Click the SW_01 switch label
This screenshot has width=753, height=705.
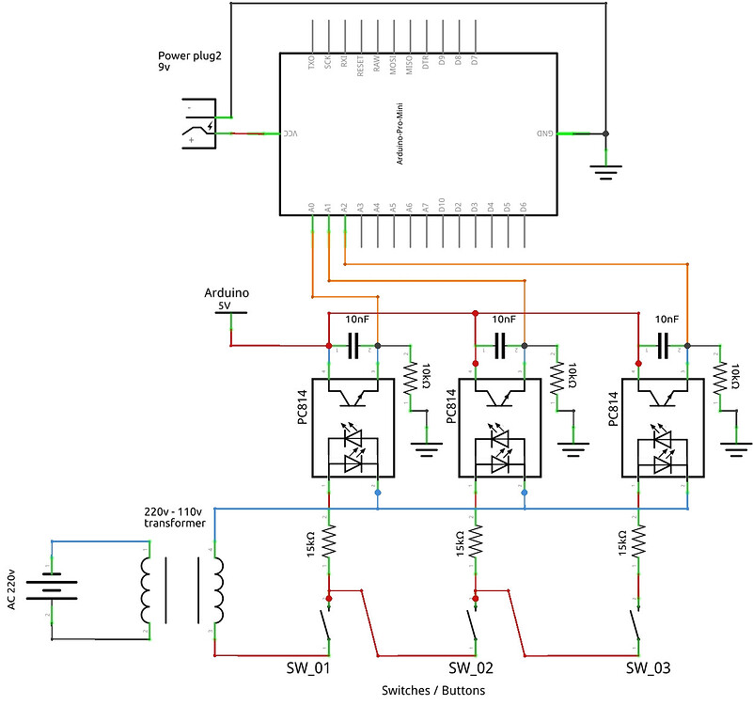[308, 668]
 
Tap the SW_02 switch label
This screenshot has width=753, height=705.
[470, 668]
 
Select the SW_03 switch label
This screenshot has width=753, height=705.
[648, 668]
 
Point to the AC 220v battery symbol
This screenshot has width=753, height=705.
[52, 588]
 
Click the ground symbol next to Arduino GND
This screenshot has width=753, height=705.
[605, 170]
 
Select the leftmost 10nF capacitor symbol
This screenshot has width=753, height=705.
[353, 347]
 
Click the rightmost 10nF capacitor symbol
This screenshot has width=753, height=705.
[664, 347]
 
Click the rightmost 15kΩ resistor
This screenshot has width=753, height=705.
[638, 542]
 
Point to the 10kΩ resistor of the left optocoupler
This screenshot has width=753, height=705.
[410, 379]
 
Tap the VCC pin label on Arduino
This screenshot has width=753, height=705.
[290, 133]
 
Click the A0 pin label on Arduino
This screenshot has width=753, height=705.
[311, 206]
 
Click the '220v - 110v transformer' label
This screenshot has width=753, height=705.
[175, 516]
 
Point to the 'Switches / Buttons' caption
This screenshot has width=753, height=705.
[433, 691]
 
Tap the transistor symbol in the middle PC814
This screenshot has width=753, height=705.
[499, 396]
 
